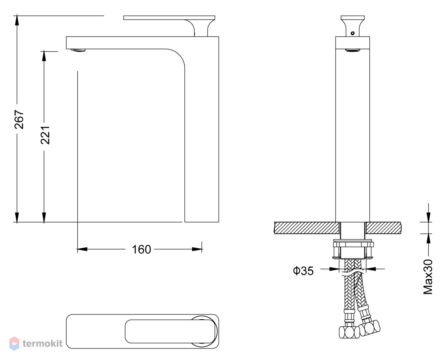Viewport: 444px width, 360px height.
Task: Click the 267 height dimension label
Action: (19, 119)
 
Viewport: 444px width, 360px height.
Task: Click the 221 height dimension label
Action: (45, 135)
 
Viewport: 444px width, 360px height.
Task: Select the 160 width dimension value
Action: (141, 249)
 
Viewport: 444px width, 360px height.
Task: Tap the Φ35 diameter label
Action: (303, 271)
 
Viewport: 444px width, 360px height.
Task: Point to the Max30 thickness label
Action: (428, 277)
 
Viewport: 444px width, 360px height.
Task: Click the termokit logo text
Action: (43, 343)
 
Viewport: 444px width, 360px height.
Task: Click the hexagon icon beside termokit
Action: (14, 343)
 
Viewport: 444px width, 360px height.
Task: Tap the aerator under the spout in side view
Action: (78, 50)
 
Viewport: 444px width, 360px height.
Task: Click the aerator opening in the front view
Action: (352, 50)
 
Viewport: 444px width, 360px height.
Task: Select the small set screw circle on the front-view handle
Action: (353, 33)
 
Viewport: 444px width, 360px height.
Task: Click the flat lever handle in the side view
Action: (169, 18)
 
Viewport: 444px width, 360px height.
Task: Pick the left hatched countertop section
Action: (307, 228)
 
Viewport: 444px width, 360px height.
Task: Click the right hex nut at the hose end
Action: (370, 328)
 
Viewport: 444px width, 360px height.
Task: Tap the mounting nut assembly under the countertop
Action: (353, 249)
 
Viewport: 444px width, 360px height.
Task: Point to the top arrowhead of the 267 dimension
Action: (17, 20)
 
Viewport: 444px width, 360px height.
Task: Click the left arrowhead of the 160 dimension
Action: (82, 249)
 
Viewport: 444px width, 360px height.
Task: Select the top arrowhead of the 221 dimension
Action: (44, 56)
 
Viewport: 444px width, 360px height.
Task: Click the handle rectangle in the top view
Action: (170, 331)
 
